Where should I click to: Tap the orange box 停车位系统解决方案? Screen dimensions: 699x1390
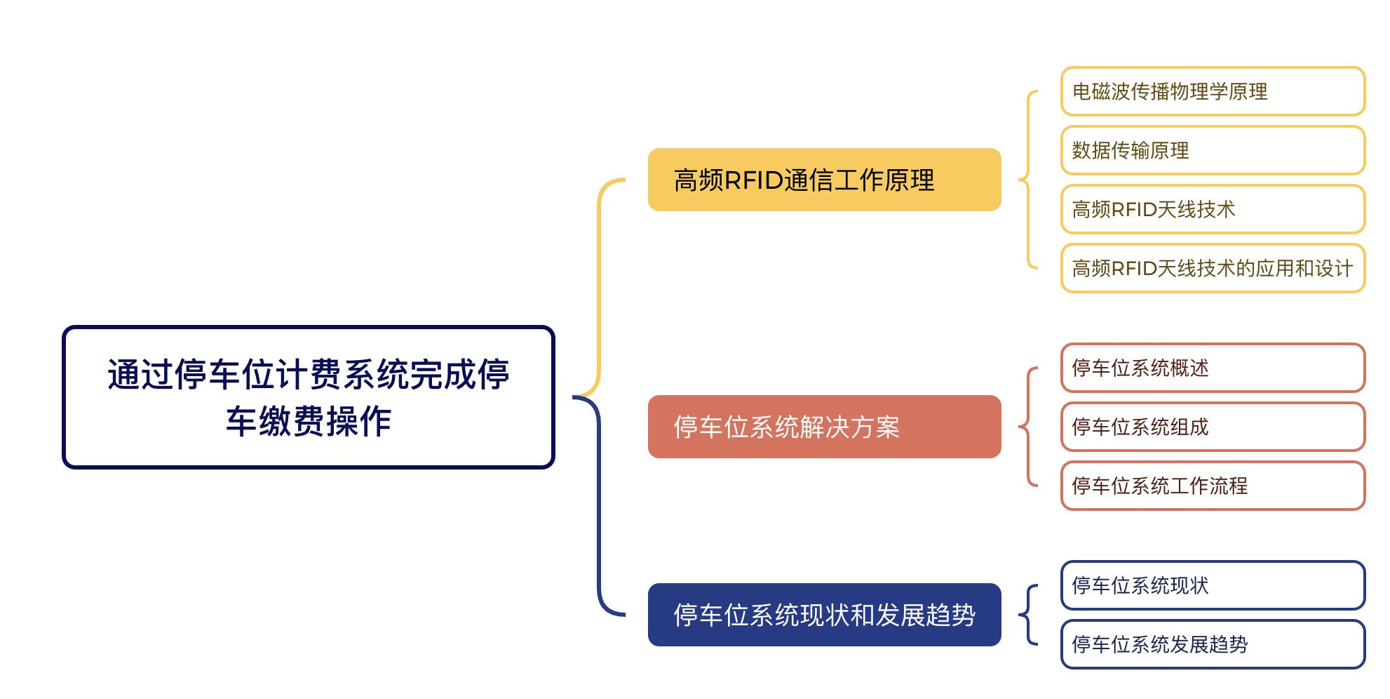[824, 427]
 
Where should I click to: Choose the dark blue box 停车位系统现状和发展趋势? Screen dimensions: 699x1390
[824, 615]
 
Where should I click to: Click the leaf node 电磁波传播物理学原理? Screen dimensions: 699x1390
[1213, 91]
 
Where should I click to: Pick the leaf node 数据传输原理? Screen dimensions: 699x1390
[1213, 150]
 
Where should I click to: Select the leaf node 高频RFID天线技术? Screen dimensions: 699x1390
[1213, 209]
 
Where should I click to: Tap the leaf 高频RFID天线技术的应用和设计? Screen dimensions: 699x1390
[1213, 268]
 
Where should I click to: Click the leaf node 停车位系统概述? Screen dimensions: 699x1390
[1213, 368]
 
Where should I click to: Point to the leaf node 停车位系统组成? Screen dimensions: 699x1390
[1213, 427]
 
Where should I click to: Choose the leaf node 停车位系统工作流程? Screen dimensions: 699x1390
[1213, 486]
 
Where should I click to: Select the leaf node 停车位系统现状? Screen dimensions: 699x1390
[1213, 585]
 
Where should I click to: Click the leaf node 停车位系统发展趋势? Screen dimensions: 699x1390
[1213, 644]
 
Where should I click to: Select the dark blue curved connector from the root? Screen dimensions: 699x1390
[599, 505]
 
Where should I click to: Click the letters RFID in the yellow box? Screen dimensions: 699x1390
[753, 180]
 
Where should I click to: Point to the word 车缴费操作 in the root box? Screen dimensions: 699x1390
[309, 421]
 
